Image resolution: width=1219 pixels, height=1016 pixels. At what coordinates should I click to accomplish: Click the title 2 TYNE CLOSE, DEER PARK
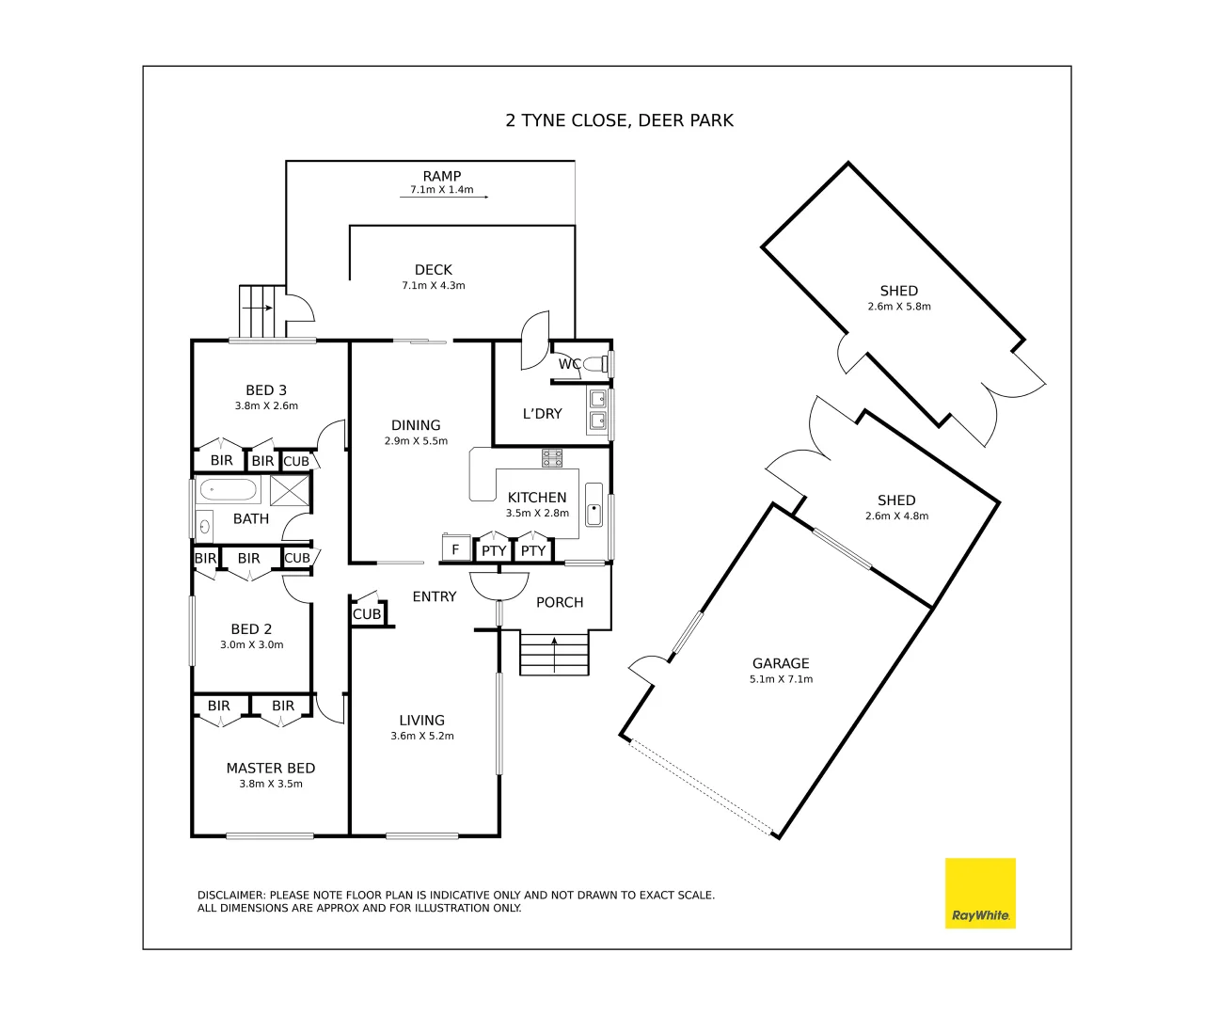619,120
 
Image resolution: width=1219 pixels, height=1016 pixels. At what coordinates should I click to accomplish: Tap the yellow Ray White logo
980,893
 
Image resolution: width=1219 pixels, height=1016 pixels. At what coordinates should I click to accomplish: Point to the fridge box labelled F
455,549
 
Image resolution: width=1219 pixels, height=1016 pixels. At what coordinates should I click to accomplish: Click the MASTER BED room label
271,769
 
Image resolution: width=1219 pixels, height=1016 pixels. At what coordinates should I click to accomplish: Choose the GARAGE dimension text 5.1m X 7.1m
781,679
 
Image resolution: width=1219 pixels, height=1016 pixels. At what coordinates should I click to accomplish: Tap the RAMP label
441,176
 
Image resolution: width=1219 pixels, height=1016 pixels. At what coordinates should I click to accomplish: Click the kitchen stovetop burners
552,458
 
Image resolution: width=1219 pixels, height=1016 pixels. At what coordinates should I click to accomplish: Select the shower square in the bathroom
290,490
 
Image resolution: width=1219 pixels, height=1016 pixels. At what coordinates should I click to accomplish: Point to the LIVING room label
421,721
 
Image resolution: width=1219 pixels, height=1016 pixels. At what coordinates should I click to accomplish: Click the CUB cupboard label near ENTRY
367,614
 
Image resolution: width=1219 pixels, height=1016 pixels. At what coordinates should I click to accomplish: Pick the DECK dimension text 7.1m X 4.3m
434,286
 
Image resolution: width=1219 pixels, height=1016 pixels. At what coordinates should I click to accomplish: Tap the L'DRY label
542,414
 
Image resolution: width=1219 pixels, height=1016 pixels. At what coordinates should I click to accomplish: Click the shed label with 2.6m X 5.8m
899,291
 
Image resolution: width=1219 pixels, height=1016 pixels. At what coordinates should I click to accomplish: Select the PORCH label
560,602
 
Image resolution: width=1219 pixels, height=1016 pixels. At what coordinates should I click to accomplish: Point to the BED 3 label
266,390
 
